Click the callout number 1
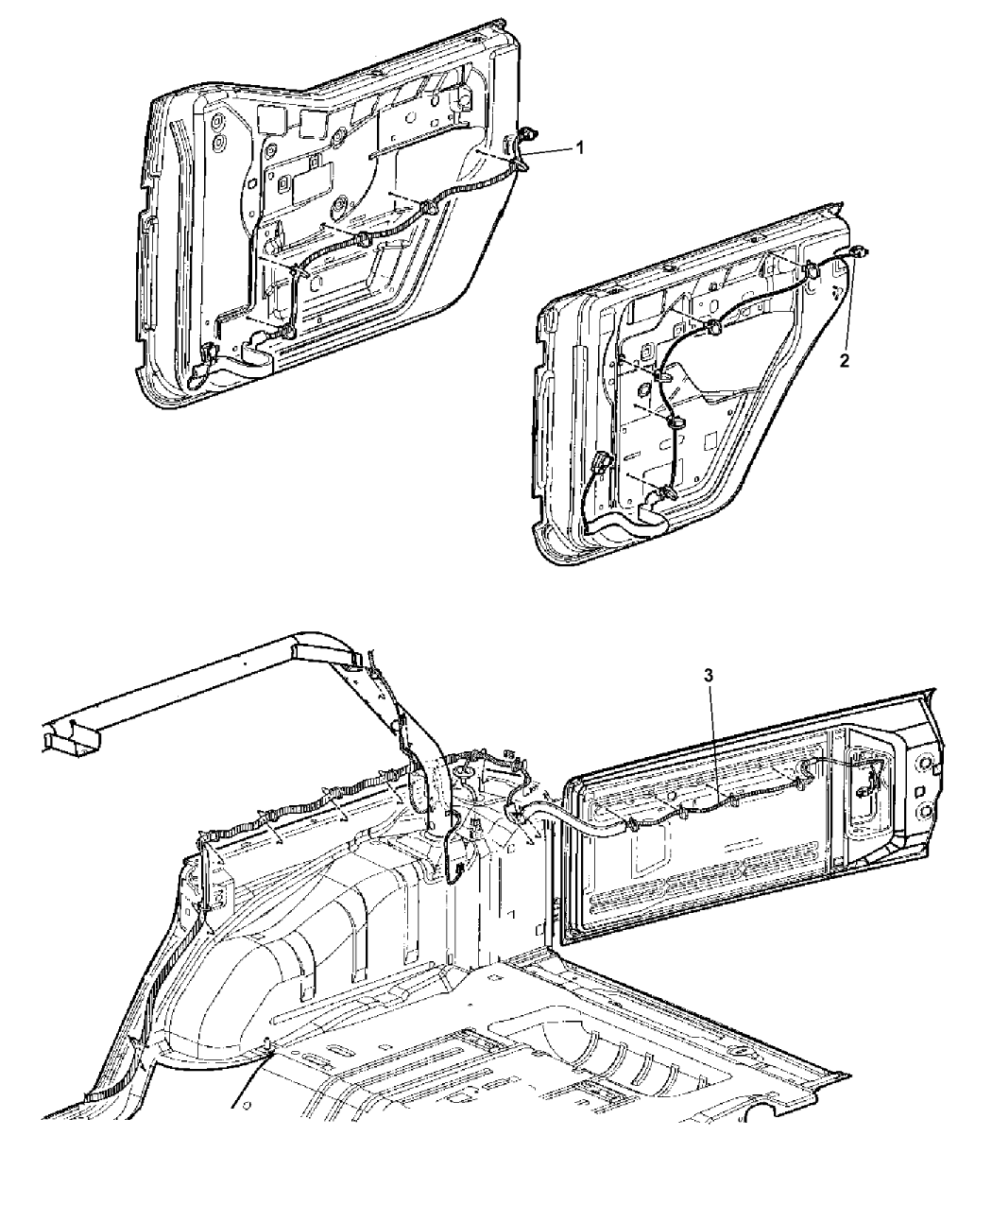click(x=580, y=148)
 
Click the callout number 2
click(x=844, y=361)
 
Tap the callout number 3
click(x=708, y=675)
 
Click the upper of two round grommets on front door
click(x=219, y=123)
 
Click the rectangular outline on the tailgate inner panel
click(x=649, y=858)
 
